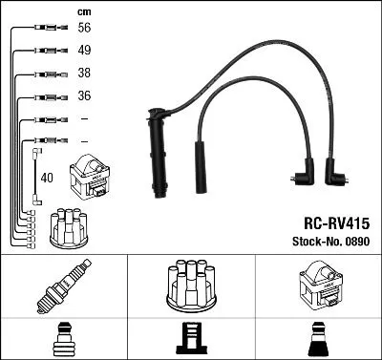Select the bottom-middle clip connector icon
191,339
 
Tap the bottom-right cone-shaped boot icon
318,339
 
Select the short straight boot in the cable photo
201,163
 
